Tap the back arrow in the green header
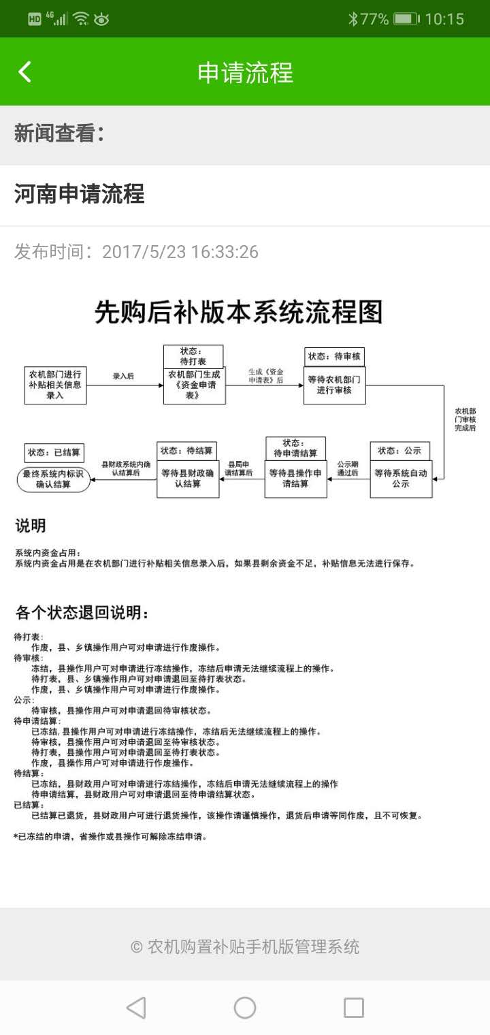25,72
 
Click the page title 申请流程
245,72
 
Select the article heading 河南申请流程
79,195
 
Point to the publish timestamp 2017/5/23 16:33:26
180,252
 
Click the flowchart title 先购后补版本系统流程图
238,313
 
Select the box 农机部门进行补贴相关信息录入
55,385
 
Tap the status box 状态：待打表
193,356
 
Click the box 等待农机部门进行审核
334,385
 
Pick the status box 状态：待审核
334,356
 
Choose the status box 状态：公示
399,451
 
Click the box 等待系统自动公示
401,479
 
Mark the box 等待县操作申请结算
295,479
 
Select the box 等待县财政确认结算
188,479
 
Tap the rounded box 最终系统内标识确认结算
54,479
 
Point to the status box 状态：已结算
54,452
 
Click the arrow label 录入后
123,376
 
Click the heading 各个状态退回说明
82,613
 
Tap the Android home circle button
245,1008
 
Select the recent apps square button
354,1008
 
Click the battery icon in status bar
406,19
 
